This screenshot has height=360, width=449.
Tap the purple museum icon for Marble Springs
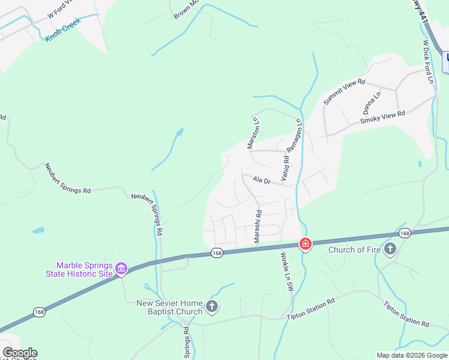tap(121, 269)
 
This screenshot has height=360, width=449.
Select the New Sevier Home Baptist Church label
tap(169, 307)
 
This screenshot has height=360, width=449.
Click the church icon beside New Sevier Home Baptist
tap(211, 307)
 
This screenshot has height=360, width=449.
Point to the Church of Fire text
tap(355, 249)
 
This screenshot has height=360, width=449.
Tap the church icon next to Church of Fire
tap(390, 248)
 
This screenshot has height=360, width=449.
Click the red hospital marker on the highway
tap(306, 244)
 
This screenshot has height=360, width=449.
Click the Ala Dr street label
tap(262, 180)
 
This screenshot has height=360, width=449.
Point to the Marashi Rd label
tap(258, 226)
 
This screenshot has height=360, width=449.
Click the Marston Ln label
tap(253, 133)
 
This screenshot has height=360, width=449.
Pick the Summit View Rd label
tap(344, 92)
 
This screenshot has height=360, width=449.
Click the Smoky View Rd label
tap(382, 117)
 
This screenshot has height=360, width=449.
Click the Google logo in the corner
tap(20, 353)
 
